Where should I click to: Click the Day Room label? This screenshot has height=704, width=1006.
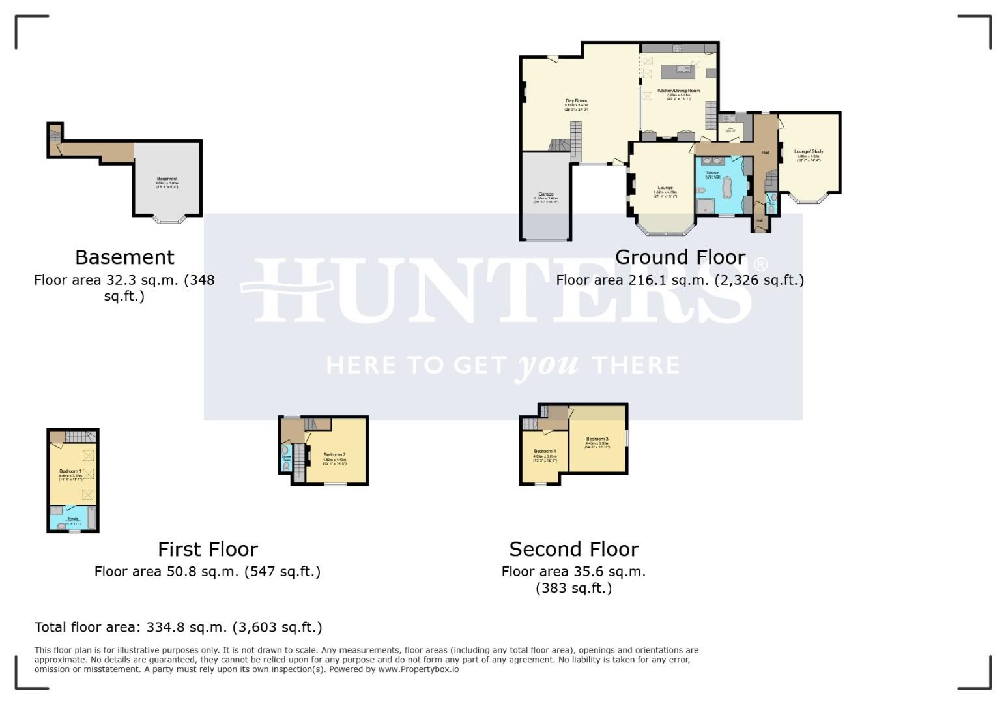(576, 102)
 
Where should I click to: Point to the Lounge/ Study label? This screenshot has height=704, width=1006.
(809, 152)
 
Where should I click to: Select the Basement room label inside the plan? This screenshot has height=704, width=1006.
(167, 179)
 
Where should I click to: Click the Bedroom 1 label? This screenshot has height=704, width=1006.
(70, 471)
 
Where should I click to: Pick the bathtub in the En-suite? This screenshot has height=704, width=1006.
(91, 519)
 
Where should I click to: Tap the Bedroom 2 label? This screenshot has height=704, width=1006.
(334, 455)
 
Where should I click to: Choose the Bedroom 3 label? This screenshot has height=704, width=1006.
(597, 439)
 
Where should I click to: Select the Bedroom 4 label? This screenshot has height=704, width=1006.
(545, 452)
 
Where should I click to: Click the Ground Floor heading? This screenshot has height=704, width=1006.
(680, 257)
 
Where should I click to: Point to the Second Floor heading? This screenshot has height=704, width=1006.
(573, 550)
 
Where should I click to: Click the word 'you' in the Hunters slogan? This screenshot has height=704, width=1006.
(547, 365)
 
